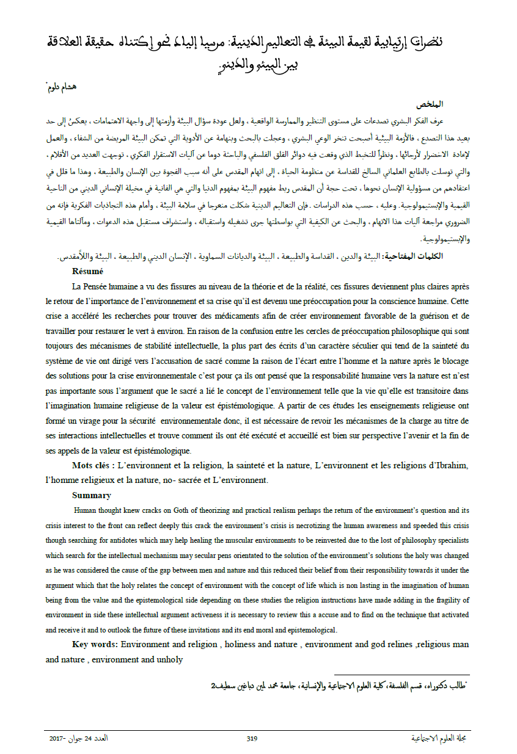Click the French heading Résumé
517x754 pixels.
(x=87, y=271)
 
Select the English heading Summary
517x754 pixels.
(x=92, y=495)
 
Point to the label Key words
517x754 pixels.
(x=95, y=644)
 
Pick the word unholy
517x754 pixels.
(x=170, y=659)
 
